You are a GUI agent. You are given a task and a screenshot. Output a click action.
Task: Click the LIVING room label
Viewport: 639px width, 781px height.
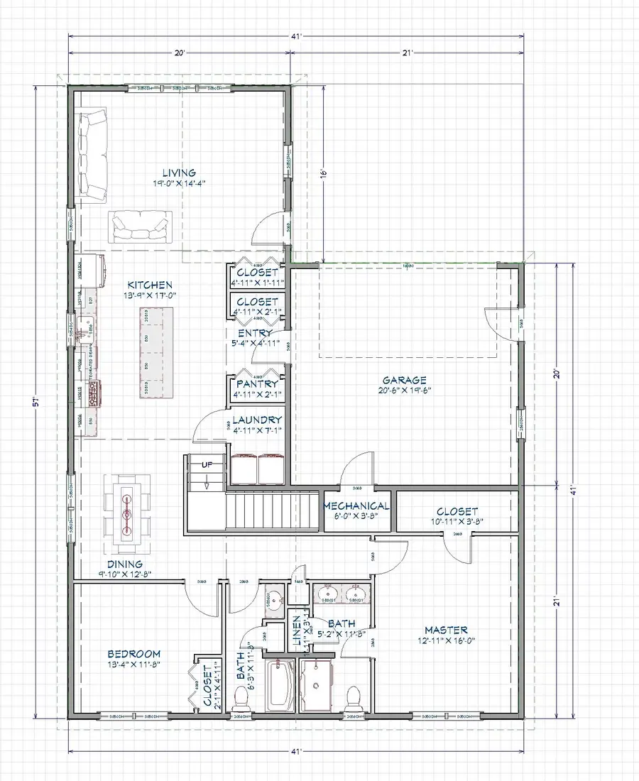pos(178,173)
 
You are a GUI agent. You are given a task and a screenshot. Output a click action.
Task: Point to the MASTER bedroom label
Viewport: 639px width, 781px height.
pos(446,630)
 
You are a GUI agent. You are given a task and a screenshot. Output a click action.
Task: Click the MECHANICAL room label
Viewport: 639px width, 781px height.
pos(356,506)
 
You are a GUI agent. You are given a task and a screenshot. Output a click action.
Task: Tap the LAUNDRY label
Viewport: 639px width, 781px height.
pos(257,420)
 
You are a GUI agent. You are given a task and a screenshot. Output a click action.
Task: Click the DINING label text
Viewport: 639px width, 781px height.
pos(125,564)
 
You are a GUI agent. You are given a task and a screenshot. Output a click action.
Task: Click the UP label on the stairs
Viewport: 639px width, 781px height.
pos(207,464)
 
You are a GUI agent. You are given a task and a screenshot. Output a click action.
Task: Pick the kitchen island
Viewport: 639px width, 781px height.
pos(157,352)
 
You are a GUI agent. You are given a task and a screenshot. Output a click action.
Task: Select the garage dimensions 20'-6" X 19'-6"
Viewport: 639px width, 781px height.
pos(406,390)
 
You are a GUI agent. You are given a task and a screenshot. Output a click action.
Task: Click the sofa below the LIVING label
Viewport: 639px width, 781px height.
pos(140,226)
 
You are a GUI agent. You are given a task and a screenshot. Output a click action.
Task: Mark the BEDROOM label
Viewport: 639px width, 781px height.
pos(134,654)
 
